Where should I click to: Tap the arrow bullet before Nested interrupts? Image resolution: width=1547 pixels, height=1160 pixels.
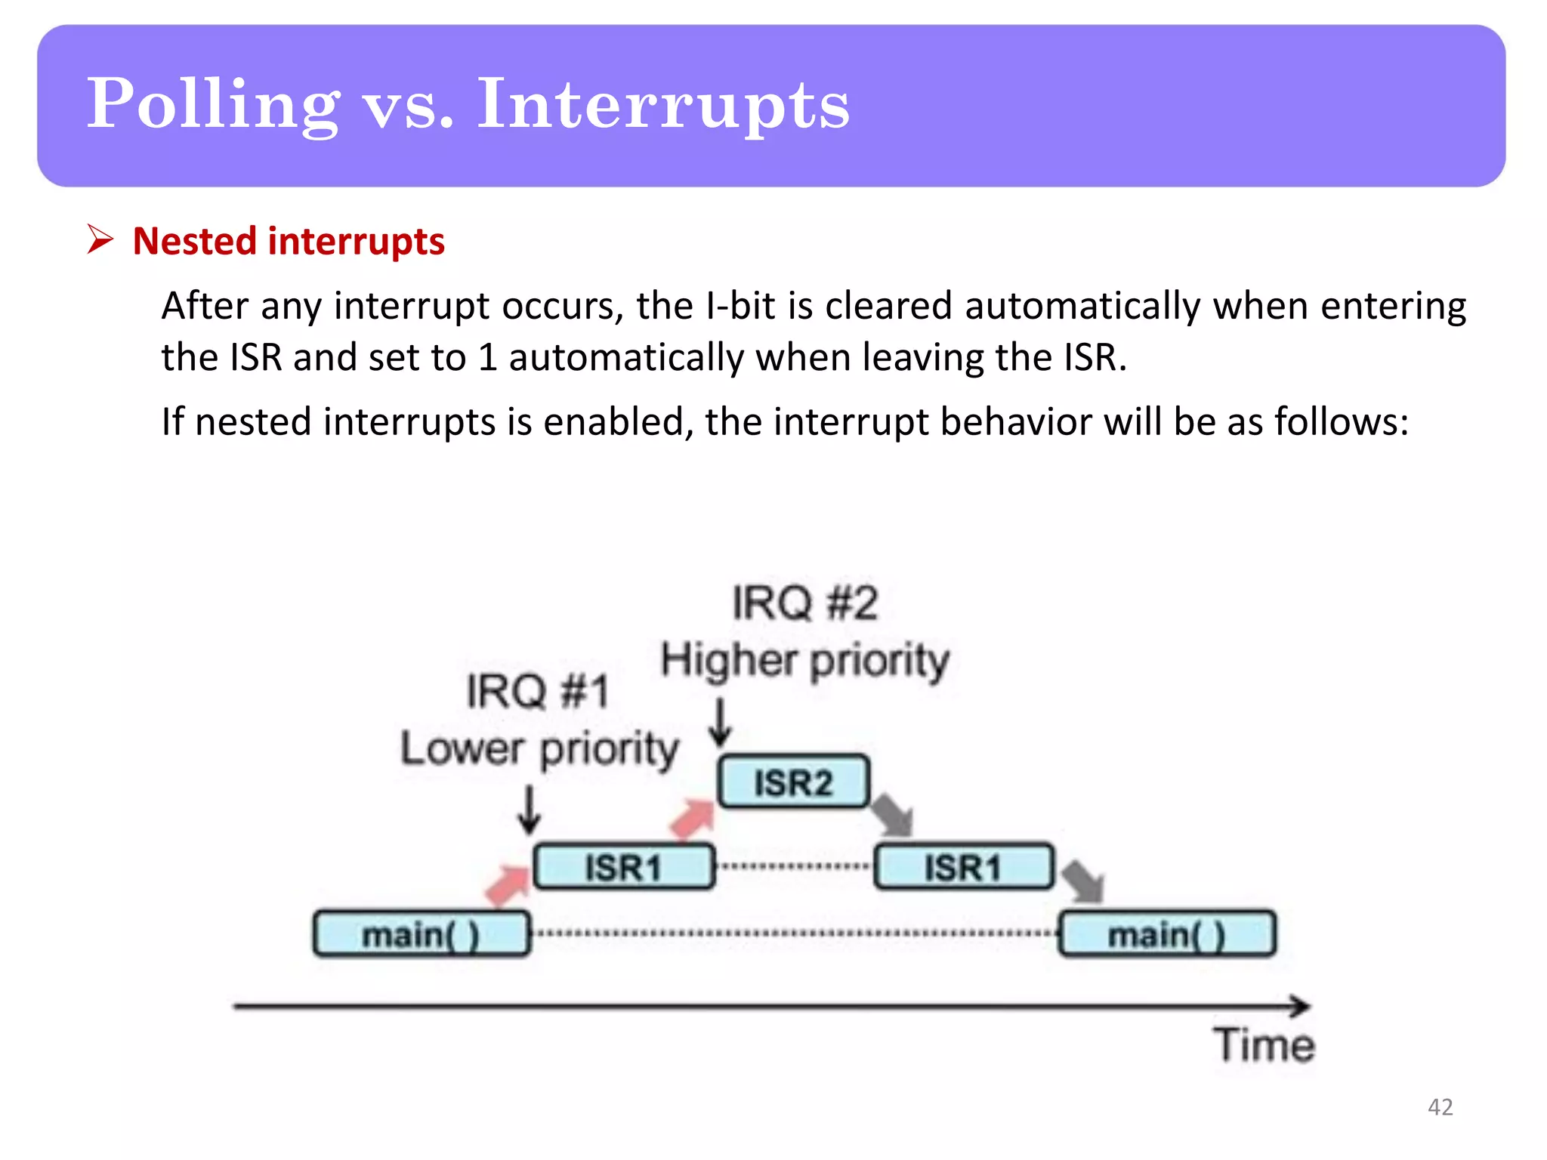pyautogui.click(x=100, y=239)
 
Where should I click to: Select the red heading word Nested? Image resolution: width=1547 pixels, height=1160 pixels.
pyautogui.click(x=195, y=242)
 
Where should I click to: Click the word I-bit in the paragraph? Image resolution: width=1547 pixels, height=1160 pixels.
pyautogui.click(x=740, y=307)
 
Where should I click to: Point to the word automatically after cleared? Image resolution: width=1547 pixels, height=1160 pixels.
pyautogui.click(x=1082, y=307)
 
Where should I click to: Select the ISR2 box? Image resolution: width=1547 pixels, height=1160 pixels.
pyautogui.click(x=793, y=782)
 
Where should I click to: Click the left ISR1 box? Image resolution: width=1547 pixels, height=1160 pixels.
pyautogui.click(x=623, y=866)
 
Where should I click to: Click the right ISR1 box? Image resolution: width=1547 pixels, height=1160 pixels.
pyautogui.click(x=963, y=866)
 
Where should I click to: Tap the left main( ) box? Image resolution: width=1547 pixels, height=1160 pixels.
pyautogui.click(x=421, y=934)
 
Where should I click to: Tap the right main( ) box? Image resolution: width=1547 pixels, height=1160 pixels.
pyautogui.click(x=1167, y=934)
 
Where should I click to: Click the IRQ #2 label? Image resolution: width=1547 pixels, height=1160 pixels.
pyautogui.click(x=805, y=603)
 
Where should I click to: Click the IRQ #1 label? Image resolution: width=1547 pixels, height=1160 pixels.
pyautogui.click(x=537, y=691)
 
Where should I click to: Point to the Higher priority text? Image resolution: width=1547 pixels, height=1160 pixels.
pyautogui.click(x=805, y=661)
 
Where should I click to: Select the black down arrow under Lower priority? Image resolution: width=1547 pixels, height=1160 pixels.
pyautogui.click(x=530, y=810)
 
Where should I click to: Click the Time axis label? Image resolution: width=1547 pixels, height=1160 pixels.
pyautogui.click(x=1264, y=1045)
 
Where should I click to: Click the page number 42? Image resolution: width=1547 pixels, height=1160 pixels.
pyautogui.click(x=1440, y=1107)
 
